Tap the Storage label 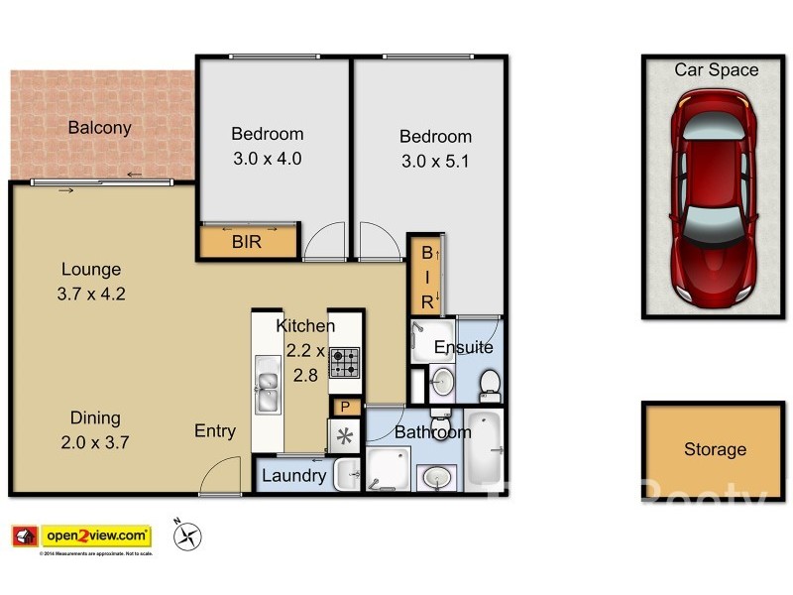click(x=714, y=449)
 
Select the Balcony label click(x=99, y=128)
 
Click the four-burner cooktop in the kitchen click(x=344, y=362)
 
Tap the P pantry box click(x=345, y=407)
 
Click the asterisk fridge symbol click(x=345, y=436)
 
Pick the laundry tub click(x=346, y=477)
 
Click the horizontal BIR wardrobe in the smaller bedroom click(x=248, y=241)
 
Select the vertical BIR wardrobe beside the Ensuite click(x=425, y=275)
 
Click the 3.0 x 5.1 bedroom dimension click(x=435, y=161)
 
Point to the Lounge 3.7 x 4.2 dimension click(x=91, y=293)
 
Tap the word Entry click(x=215, y=430)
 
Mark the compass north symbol click(x=186, y=536)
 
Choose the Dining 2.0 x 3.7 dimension click(x=95, y=441)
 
